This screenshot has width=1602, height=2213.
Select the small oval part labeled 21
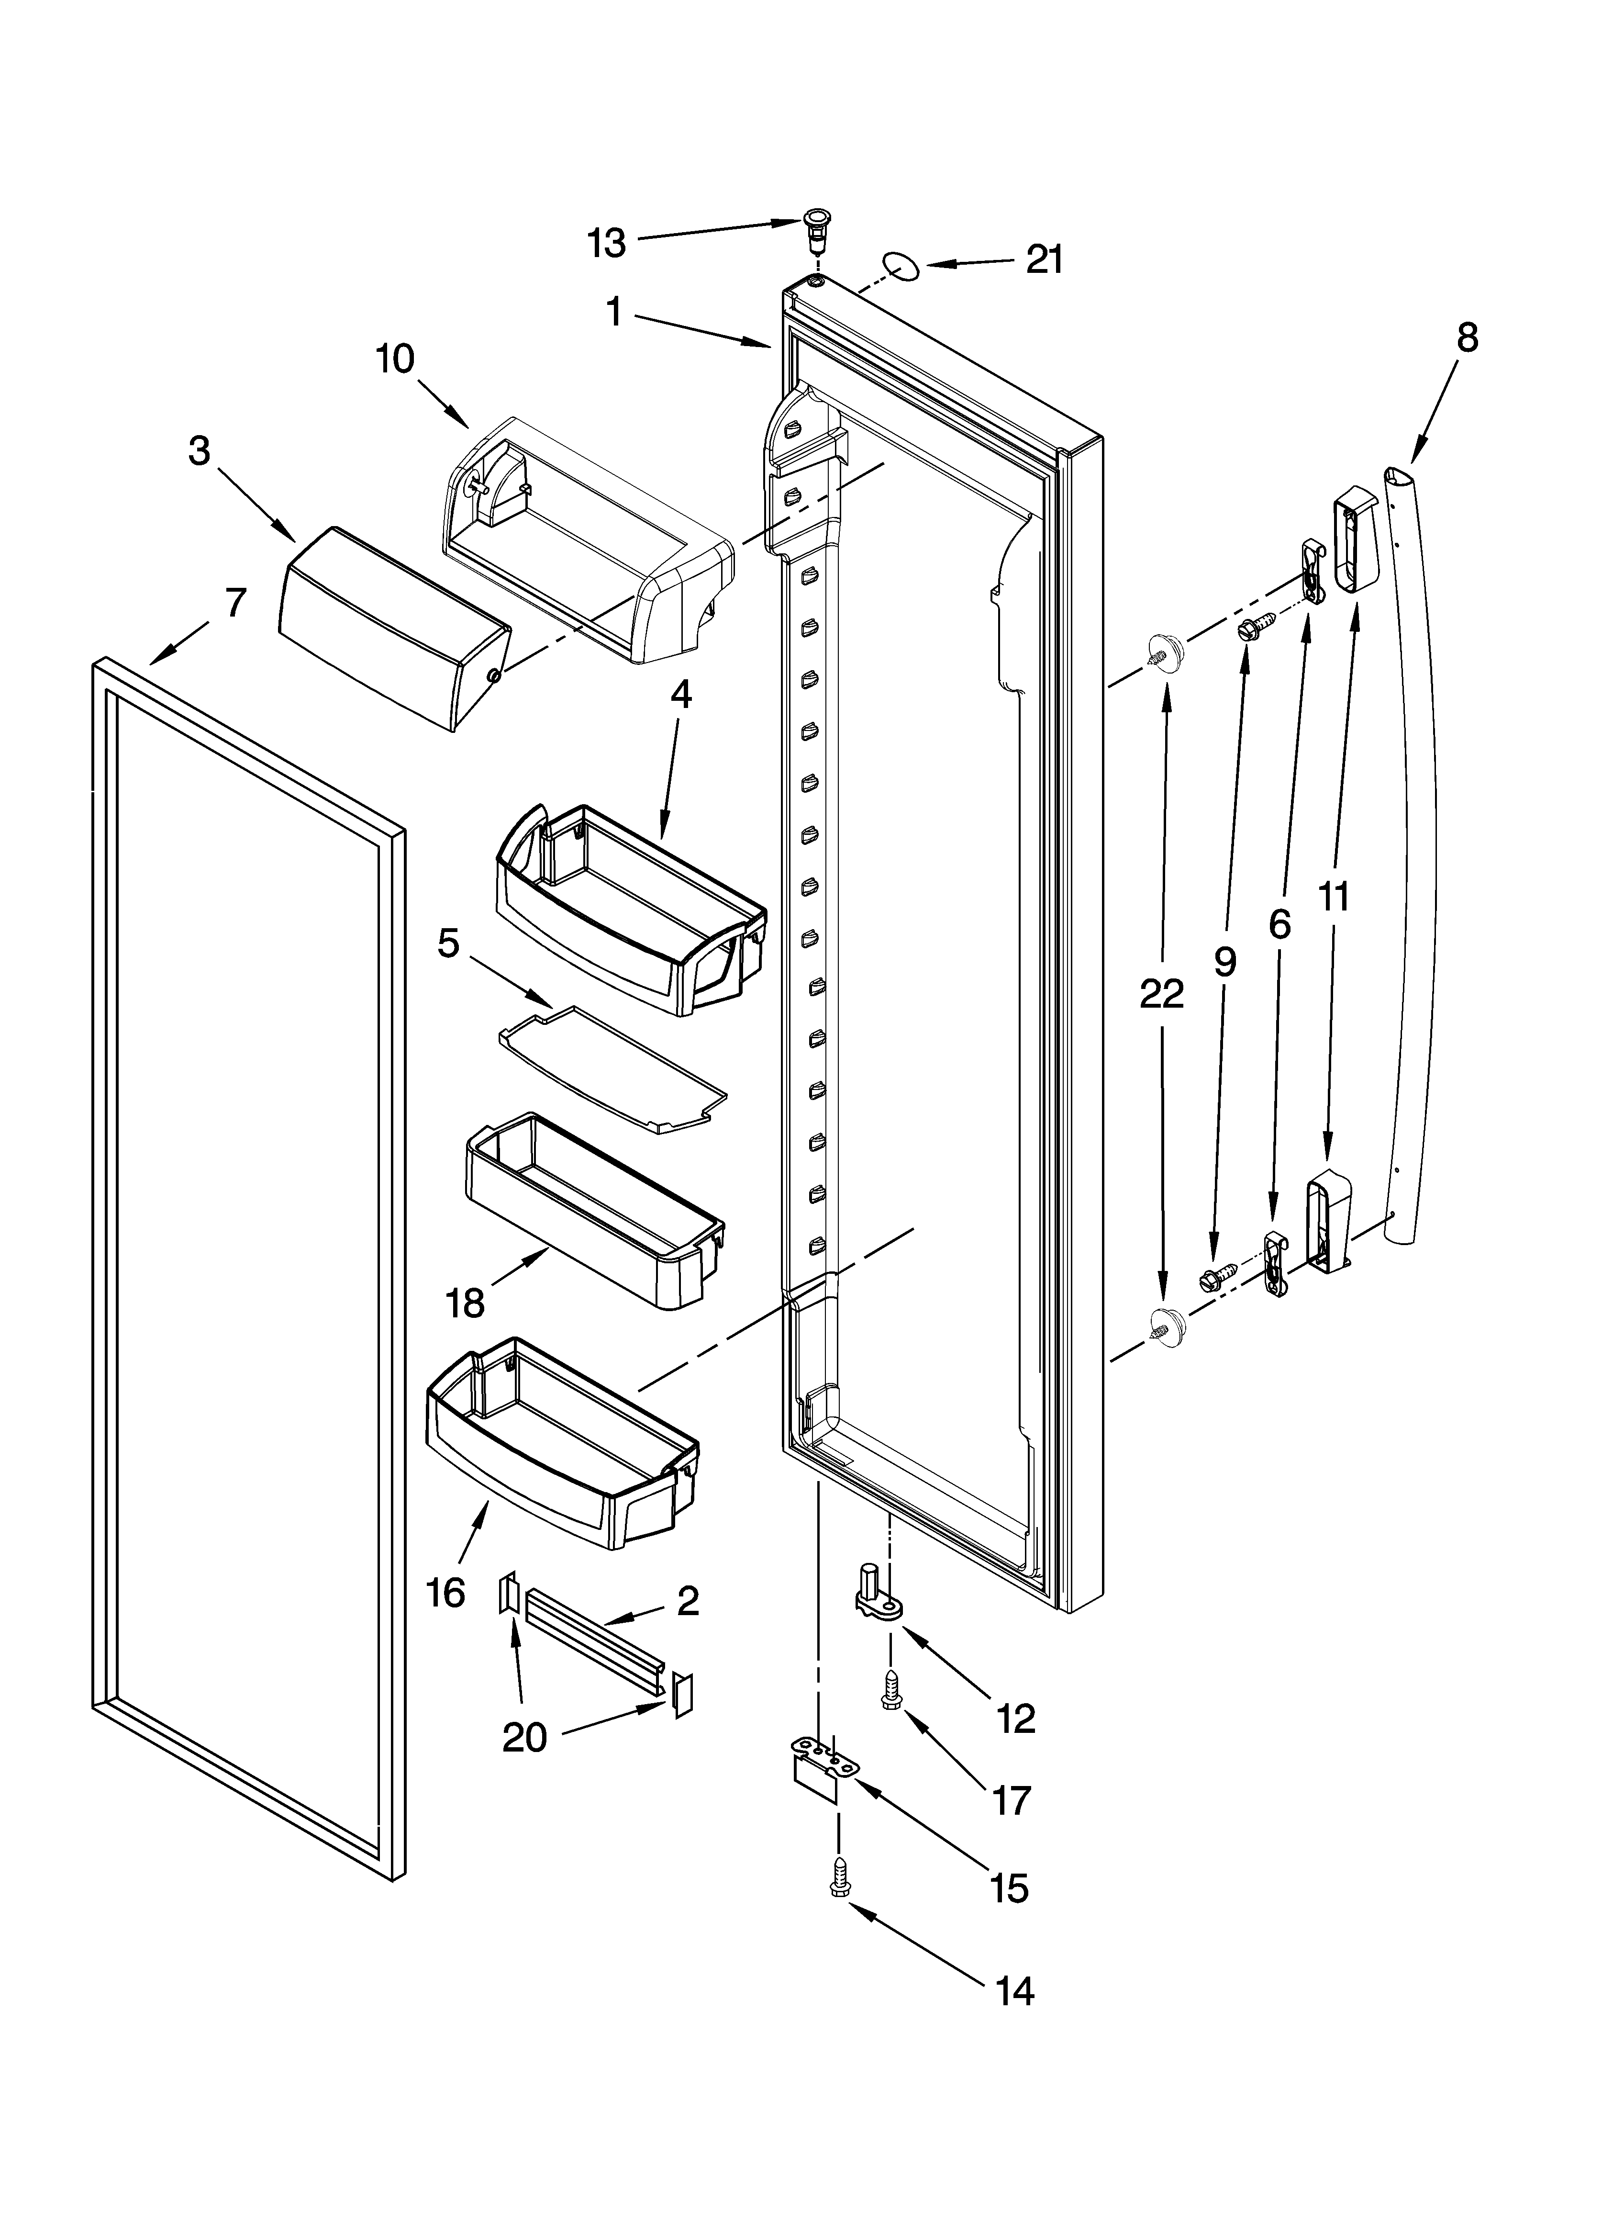pos(902,265)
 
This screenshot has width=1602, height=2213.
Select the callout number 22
pos(1161,993)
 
